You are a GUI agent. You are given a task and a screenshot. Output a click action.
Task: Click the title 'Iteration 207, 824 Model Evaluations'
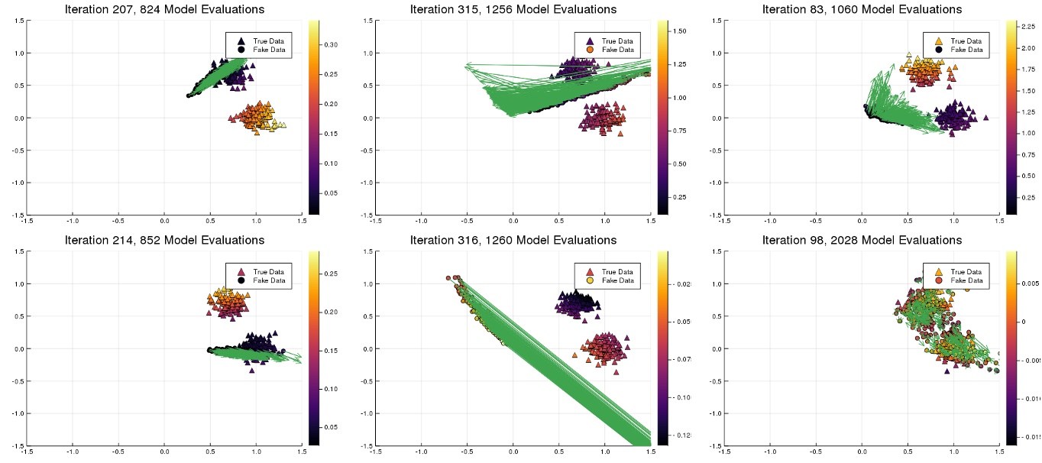165,9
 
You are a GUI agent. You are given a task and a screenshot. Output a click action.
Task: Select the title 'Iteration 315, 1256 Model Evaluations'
513,9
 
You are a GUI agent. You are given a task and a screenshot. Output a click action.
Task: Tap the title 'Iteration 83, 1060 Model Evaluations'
862,9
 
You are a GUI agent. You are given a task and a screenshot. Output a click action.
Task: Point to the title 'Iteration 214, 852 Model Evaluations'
165,240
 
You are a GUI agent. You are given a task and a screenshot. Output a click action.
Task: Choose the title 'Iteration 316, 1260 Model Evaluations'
513,240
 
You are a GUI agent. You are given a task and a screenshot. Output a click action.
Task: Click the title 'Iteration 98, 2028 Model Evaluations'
862,240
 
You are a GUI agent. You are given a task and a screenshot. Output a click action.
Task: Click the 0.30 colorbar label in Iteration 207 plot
331,45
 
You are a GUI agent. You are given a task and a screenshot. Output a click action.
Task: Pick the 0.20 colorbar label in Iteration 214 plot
331,312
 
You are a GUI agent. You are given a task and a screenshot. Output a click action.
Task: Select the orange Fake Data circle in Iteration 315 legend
590,50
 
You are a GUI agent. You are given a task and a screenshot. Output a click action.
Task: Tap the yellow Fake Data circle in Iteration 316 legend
590,280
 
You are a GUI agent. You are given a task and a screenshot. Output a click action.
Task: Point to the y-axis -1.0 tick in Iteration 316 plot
367,413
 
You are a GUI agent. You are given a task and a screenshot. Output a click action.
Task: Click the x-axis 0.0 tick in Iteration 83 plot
862,220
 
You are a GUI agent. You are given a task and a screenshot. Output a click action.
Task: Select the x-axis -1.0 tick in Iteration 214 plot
73,451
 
